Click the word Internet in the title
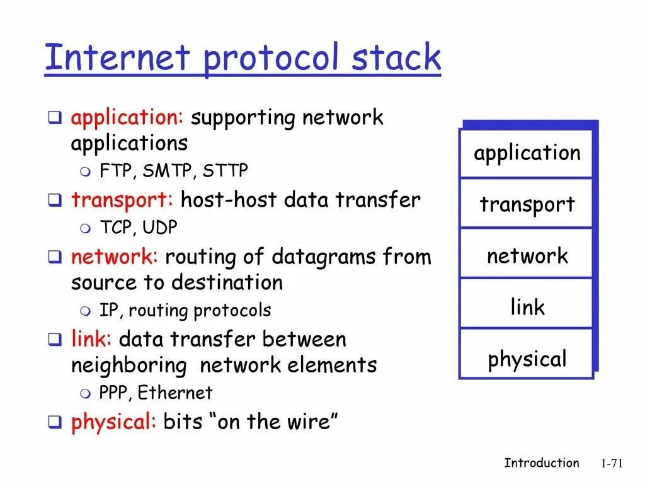(117, 58)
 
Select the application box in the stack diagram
(527, 153)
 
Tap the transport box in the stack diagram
(527, 204)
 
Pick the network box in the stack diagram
(527, 255)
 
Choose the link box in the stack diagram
(527, 307)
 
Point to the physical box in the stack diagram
(527, 359)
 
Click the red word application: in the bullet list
(127, 118)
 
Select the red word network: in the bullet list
(115, 257)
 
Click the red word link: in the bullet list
(91, 340)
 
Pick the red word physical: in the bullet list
(114, 422)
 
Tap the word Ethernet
(174, 393)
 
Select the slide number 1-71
(611, 464)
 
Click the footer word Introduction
(541, 463)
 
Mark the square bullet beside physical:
(55, 422)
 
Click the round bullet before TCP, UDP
(85, 228)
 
